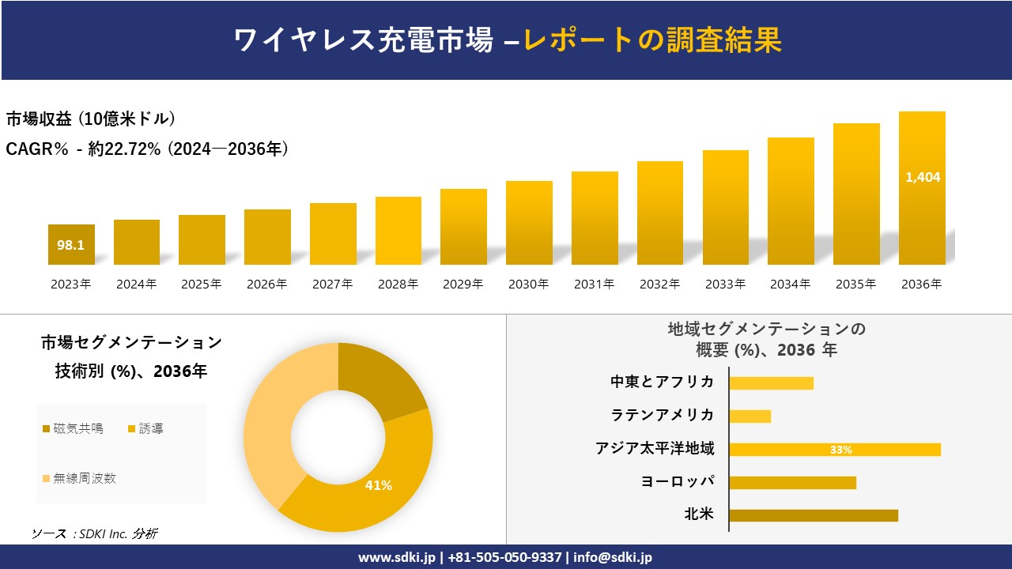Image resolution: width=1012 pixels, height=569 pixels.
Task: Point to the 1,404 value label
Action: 923,177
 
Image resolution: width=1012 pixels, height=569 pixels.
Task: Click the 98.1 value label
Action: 70,245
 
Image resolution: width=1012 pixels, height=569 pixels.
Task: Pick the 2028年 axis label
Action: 398,284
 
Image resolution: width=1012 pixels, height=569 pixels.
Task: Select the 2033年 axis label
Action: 725,284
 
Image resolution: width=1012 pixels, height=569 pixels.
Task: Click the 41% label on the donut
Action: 378,485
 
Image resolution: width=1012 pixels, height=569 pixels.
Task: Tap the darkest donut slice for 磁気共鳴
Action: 385,381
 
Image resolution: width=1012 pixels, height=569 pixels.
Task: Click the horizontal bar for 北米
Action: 814,515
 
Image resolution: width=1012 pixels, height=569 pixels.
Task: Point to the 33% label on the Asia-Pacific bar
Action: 840,450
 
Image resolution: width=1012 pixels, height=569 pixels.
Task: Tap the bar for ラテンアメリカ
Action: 750,416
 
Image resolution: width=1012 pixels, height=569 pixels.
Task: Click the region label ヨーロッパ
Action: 678,481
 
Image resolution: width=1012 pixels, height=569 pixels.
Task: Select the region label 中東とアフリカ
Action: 662,382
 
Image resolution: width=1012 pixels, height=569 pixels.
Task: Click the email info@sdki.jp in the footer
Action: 613,557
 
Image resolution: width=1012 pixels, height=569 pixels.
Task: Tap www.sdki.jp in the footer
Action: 395,557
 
